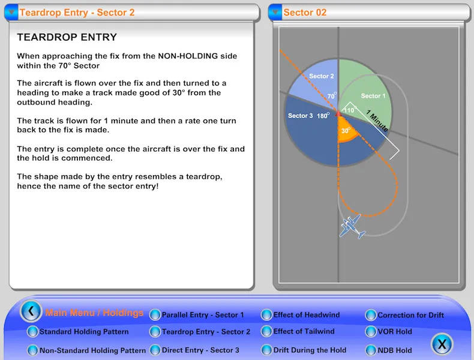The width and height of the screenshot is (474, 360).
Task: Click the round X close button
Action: tap(442, 344)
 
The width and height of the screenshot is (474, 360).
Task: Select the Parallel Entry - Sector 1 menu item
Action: tap(203, 315)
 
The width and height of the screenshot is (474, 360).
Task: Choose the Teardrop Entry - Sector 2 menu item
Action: tap(206, 332)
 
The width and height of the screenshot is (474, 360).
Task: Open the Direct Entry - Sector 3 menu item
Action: tap(200, 350)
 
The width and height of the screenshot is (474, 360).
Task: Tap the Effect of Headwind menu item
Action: tap(306, 315)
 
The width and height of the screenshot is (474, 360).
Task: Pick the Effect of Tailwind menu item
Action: tap(304, 331)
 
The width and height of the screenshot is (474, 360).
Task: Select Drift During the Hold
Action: tap(310, 350)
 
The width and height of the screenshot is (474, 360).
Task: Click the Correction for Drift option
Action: tap(410, 315)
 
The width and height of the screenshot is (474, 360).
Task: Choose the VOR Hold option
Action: tap(395, 331)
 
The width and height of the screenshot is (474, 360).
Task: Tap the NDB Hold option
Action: tap(395, 350)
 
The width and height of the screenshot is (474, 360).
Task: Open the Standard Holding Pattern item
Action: tap(83, 332)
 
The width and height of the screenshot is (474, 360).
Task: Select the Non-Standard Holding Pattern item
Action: tap(92, 350)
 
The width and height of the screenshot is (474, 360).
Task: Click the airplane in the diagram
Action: tap(352, 226)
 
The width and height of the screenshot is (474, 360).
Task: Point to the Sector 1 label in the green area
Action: tap(373, 96)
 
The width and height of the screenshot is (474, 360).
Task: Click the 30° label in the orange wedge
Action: tap(345, 130)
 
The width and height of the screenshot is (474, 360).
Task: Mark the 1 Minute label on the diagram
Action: tap(377, 121)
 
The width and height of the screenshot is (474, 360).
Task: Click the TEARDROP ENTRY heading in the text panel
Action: tap(67, 37)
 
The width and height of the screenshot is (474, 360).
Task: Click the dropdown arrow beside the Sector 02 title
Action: tap(275, 13)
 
